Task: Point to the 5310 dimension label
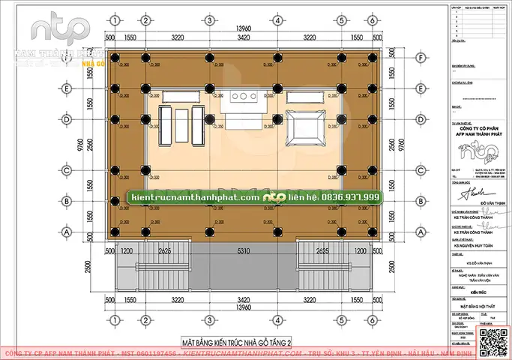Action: [x=239, y=250]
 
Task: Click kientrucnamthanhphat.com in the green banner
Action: [x=195, y=196]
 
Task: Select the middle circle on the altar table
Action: [x=241, y=96]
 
